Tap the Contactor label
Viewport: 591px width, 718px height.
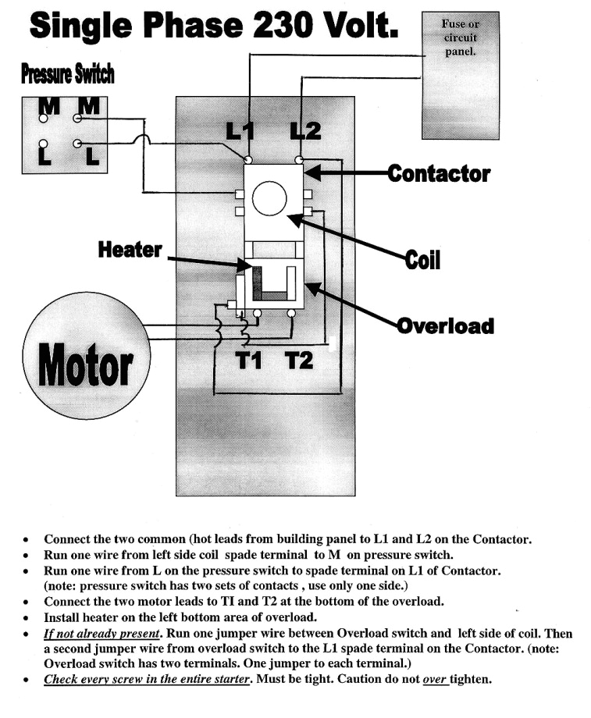pyautogui.click(x=439, y=172)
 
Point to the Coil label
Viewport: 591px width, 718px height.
pyautogui.click(x=422, y=260)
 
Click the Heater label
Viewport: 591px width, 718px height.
pyautogui.click(x=130, y=250)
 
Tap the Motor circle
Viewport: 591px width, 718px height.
pyautogui.click(x=85, y=361)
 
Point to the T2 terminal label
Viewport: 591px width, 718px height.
pyautogui.click(x=297, y=361)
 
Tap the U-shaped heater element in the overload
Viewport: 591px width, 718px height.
pyautogui.click(x=272, y=284)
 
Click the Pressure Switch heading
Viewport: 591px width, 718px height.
pyautogui.click(x=68, y=74)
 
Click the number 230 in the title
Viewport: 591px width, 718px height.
pyautogui.click(x=280, y=27)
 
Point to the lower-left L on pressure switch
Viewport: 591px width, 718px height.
pyautogui.click(x=45, y=156)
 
